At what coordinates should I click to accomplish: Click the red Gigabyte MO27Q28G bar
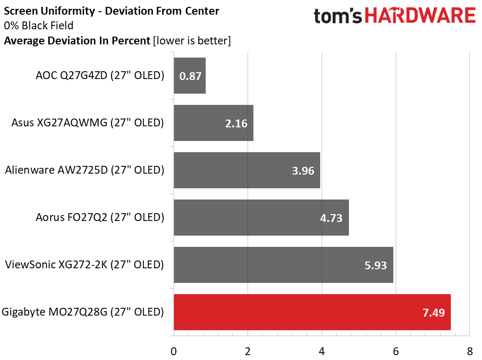coord(312,312)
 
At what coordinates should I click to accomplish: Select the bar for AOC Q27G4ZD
coord(190,76)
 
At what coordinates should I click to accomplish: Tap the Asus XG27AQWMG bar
coord(213,123)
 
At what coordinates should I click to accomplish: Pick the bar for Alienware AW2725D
coord(247,170)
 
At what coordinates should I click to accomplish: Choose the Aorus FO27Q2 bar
coord(261,218)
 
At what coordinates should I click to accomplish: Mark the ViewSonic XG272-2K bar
coord(283,265)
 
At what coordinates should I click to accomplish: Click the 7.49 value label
coord(434,313)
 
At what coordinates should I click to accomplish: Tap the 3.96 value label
coord(303,171)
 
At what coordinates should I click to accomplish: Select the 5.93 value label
coord(376,265)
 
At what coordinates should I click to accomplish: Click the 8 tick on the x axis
coord(469,351)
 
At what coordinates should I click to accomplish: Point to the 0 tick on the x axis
coord(174,351)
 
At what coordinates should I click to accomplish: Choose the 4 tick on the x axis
coord(322,351)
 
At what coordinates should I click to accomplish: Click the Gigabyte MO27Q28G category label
coord(83,312)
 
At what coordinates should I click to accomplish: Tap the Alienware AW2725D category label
coord(84,170)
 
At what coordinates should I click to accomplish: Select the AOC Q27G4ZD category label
coord(99,75)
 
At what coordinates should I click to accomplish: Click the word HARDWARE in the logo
coord(421,16)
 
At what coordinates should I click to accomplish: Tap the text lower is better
coord(192,40)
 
